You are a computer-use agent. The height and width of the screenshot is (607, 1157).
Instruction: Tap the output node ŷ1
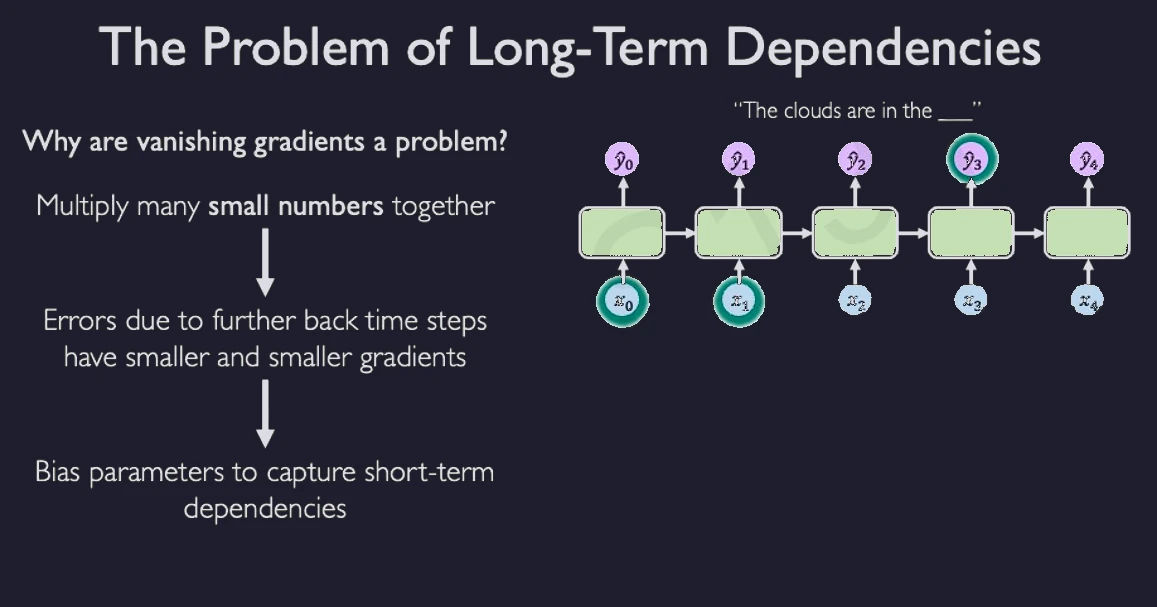[739, 160]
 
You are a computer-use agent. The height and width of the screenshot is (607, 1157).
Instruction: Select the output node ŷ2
[855, 160]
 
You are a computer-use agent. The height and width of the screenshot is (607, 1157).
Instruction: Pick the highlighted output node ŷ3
[972, 160]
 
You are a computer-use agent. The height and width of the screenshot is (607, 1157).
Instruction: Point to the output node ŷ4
[1088, 160]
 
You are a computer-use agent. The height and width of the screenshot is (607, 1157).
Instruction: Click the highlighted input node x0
[623, 302]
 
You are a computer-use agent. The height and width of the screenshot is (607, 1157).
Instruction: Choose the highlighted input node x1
[739, 302]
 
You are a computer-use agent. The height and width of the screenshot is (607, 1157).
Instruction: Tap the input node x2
[855, 300]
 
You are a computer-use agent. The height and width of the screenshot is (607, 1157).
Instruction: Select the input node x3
[971, 300]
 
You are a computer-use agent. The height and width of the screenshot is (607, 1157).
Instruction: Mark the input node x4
[1087, 300]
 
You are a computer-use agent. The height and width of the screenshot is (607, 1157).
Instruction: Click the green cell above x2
[855, 233]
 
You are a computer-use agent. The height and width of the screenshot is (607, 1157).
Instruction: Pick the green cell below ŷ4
[1087, 233]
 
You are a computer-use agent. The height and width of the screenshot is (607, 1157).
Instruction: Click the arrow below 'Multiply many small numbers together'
[265, 262]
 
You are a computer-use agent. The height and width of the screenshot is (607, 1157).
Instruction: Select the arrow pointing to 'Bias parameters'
[265, 414]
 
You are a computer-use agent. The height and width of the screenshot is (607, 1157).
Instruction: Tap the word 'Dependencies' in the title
[883, 47]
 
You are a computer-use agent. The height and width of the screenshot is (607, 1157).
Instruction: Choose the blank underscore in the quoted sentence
[955, 118]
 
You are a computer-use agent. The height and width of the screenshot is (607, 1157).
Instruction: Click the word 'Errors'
[81, 321]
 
